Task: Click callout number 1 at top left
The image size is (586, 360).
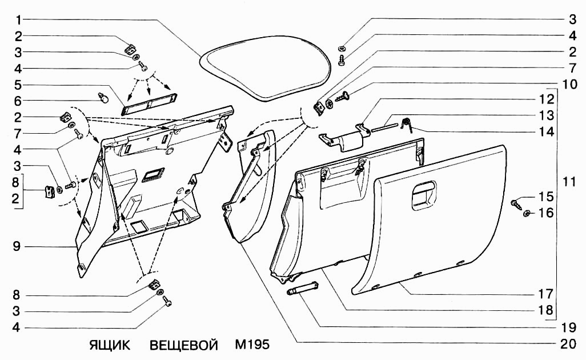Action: (18, 19)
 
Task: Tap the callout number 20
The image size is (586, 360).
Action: (568, 343)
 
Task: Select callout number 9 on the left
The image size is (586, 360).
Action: (17, 247)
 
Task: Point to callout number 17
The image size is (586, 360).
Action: (545, 294)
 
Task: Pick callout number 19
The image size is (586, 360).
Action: (568, 327)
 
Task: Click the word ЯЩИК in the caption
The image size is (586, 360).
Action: (110, 345)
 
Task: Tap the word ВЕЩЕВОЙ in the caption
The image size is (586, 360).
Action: (183, 345)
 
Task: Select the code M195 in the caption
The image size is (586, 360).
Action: (252, 344)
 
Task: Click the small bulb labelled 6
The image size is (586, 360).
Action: (103, 98)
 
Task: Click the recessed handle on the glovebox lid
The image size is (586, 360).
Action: (424, 194)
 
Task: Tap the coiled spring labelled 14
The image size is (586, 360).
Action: (406, 124)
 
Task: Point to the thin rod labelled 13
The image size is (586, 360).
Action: (384, 125)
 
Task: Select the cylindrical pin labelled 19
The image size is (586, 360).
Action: (302, 289)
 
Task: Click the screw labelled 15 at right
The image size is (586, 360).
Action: (516, 204)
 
